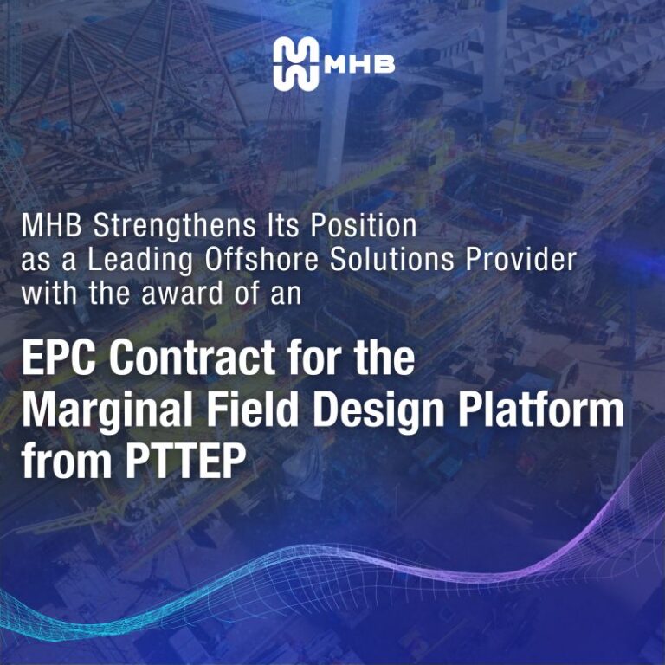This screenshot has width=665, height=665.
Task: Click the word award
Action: tap(177, 293)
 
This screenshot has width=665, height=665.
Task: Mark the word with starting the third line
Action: tap(51, 293)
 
